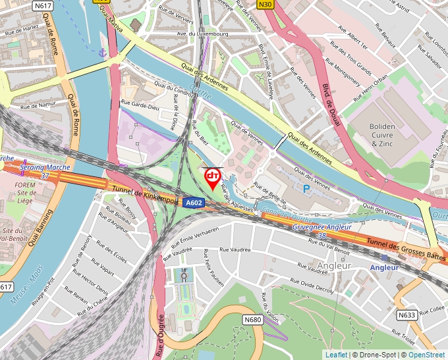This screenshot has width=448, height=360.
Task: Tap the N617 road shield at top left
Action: click(x=43, y=5)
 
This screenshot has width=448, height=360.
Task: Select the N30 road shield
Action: click(x=266, y=5)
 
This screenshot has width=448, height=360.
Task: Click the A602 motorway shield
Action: click(x=194, y=203)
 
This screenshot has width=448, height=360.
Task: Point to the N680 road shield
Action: click(x=252, y=320)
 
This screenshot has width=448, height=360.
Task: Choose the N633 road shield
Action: click(x=406, y=315)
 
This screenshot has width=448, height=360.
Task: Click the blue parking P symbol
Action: click(x=306, y=188)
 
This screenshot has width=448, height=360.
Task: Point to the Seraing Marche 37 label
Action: click(x=45, y=172)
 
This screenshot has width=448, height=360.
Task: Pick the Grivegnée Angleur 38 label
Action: click(x=322, y=230)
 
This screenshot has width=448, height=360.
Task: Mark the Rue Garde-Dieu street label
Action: click(x=140, y=105)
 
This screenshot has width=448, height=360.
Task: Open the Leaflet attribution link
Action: click(x=336, y=355)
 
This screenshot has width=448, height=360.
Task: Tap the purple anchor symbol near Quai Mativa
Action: click(x=102, y=52)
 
